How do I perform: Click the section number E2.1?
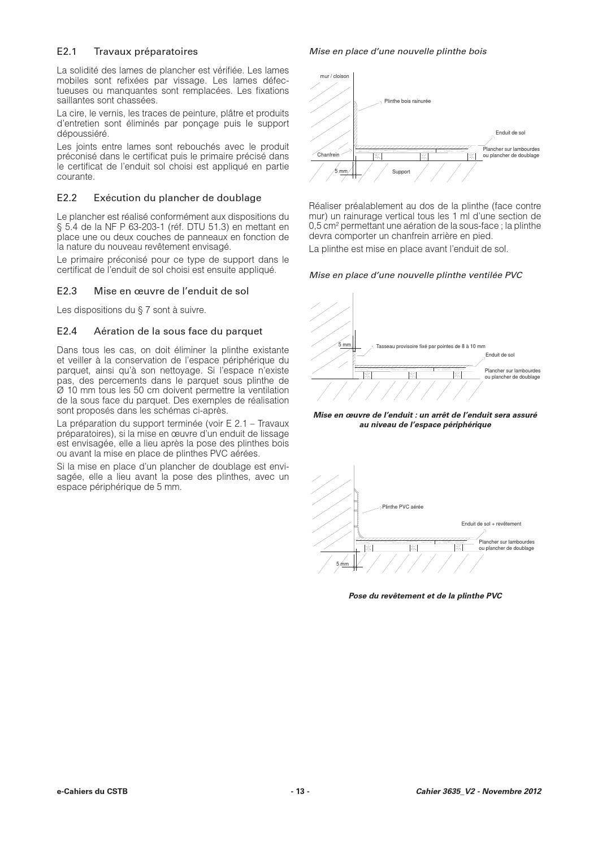click(66, 51)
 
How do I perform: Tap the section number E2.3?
click(66, 291)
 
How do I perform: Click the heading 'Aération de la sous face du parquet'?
click(177, 331)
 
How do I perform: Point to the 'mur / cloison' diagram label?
click(334, 76)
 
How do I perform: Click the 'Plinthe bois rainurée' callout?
click(407, 101)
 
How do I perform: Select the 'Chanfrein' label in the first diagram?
click(328, 154)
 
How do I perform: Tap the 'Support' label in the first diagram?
click(401, 171)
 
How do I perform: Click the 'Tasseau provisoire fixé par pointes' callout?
click(430, 346)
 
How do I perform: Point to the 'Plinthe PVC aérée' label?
click(402, 507)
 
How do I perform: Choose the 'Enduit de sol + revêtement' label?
click(491, 524)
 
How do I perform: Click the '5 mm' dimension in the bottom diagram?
click(342, 563)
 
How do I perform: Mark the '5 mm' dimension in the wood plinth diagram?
click(341, 171)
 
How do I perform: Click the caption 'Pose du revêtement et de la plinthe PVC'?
click(425, 596)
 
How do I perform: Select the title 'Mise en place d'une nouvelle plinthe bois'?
click(397, 51)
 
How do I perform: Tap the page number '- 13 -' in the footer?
click(300, 791)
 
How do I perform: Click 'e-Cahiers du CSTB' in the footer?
click(92, 791)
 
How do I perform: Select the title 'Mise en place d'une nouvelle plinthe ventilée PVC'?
click(415, 275)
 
